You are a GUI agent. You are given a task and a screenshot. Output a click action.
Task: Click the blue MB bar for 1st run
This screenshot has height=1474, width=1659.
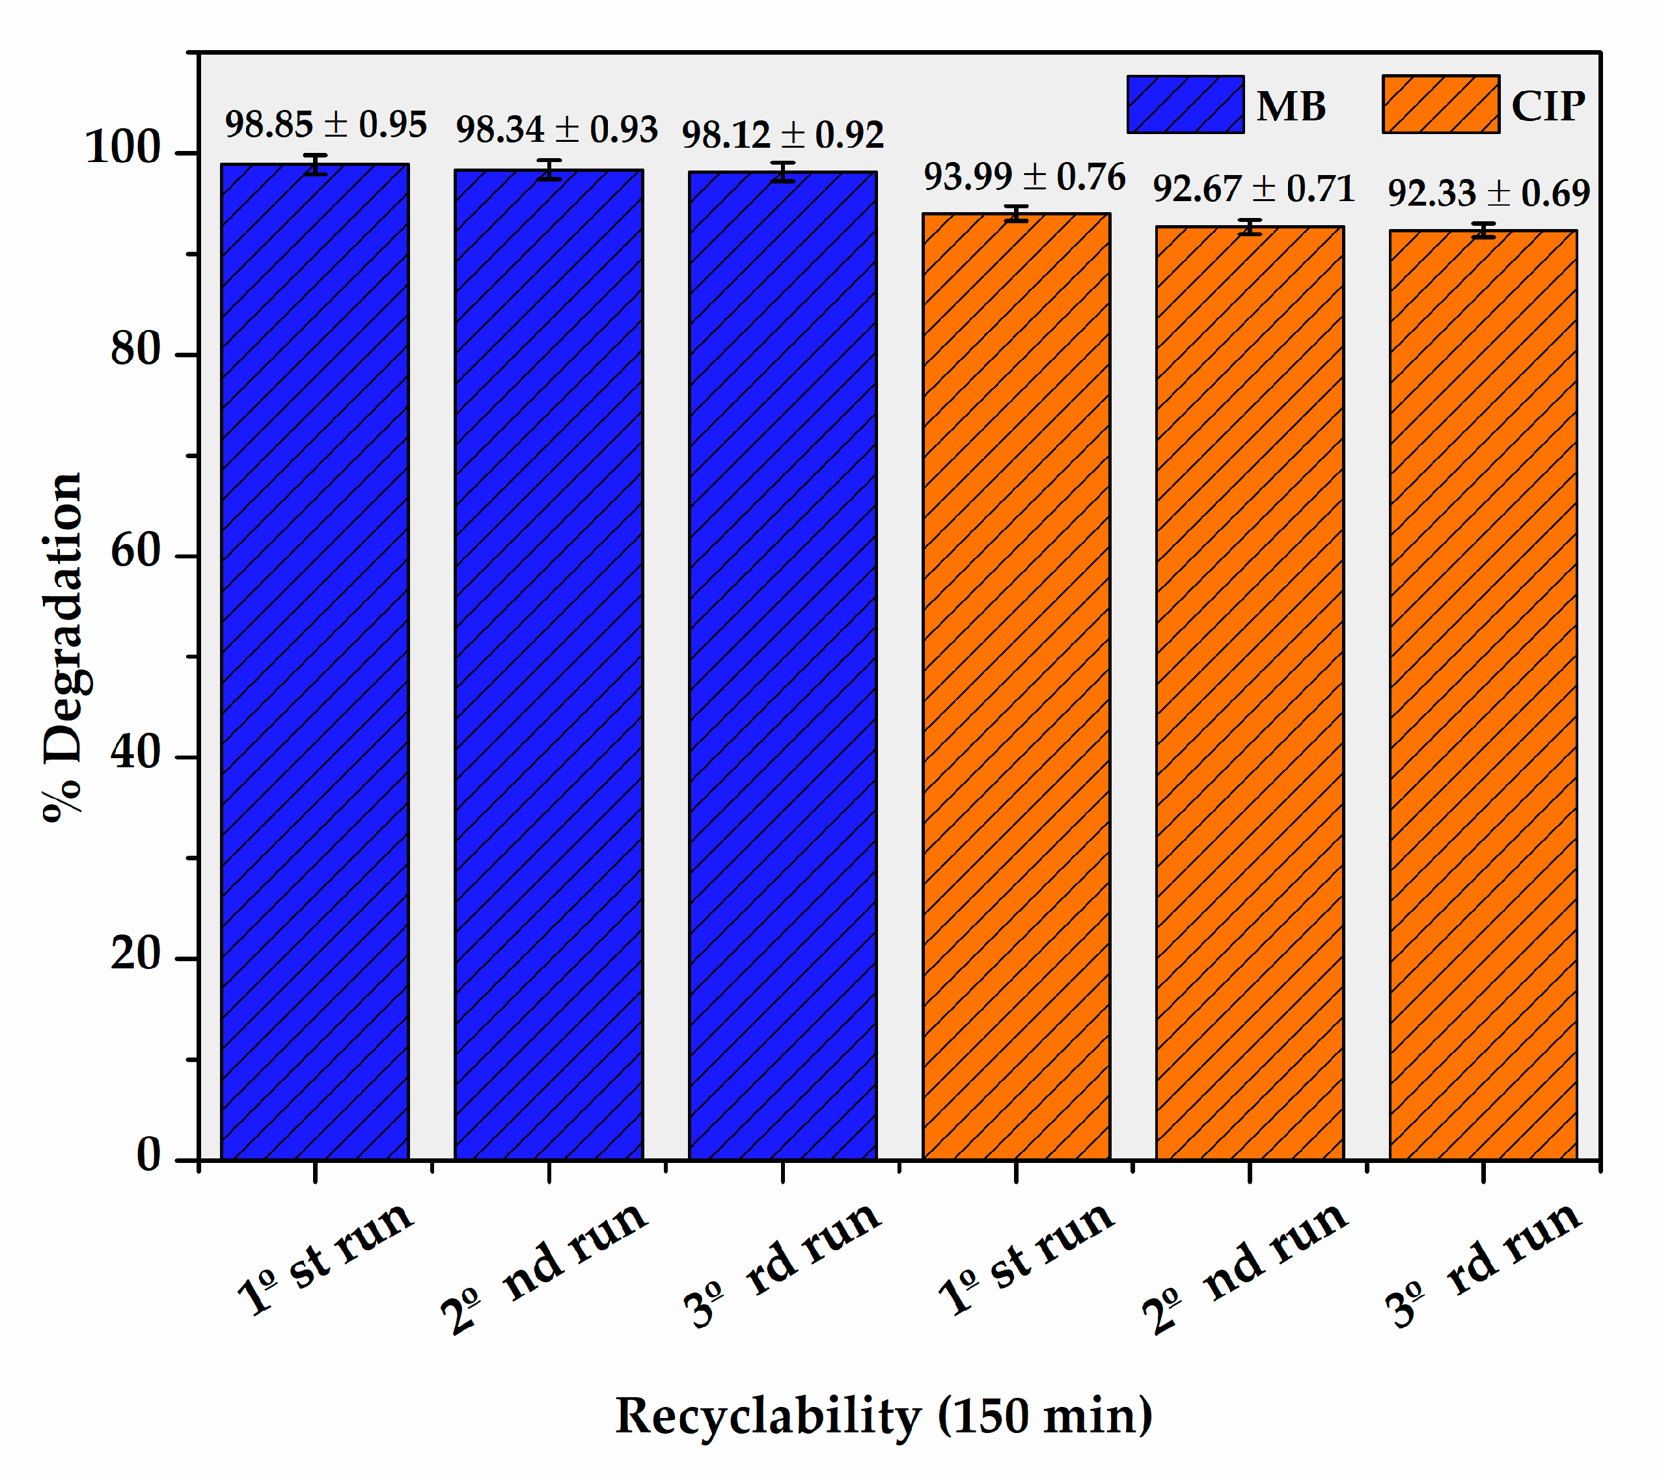point(315,662)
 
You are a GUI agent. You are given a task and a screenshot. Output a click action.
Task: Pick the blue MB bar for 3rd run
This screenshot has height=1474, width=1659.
point(782,666)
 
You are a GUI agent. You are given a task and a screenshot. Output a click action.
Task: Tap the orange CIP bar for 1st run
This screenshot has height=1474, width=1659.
point(1016,687)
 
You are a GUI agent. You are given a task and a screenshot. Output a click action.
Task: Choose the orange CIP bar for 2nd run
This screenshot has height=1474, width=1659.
point(1250,693)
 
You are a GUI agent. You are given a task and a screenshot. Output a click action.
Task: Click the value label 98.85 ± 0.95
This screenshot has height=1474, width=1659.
point(325,125)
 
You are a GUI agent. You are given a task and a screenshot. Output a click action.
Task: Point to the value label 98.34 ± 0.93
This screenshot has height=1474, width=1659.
point(556,130)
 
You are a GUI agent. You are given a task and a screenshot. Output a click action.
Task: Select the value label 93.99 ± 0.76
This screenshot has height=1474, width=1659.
point(1024,177)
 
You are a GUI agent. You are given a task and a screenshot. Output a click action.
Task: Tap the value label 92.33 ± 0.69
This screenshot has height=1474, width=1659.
point(1488,193)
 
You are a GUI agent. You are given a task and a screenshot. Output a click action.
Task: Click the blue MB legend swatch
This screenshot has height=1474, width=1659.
point(1185,105)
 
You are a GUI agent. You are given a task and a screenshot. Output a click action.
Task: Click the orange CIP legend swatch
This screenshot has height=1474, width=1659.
point(1441,105)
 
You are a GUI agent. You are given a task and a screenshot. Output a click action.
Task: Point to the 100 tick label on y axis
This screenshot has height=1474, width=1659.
point(124,148)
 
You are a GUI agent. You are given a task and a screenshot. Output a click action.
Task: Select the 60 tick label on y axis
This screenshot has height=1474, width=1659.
point(137,552)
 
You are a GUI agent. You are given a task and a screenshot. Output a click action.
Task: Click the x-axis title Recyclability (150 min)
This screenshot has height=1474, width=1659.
point(884,1415)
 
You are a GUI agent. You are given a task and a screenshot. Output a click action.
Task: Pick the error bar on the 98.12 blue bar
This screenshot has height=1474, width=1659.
point(782,172)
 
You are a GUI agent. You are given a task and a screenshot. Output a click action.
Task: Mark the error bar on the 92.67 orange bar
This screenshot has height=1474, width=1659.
point(1250,227)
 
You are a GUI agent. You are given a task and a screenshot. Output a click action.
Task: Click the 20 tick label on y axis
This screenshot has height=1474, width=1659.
point(137,954)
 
